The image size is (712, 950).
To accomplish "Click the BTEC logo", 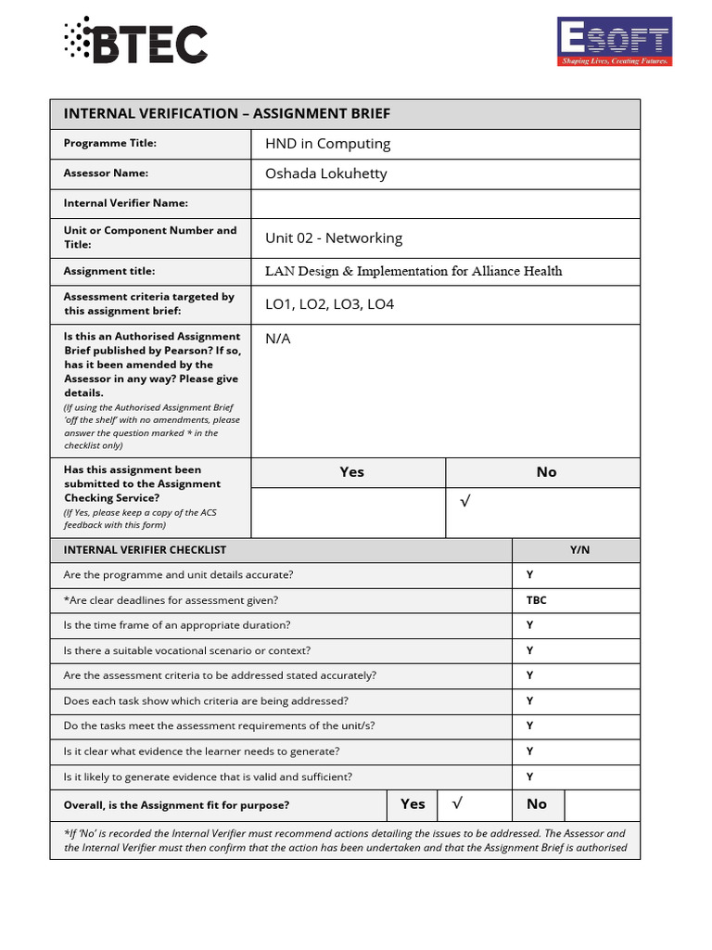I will click(135, 41).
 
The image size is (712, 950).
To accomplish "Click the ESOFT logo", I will click(613, 42).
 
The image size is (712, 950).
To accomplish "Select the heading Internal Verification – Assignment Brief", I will click(226, 114).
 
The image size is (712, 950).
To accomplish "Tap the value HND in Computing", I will click(327, 144).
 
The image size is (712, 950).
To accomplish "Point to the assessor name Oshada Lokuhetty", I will click(325, 173).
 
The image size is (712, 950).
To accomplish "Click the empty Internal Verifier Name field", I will click(445, 203).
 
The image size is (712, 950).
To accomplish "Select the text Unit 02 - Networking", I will click(333, 238).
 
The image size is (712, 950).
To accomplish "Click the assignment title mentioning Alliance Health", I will click(413, 271).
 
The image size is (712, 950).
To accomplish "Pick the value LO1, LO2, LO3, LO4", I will click(329, 304).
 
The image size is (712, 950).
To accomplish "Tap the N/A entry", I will click(278, 339).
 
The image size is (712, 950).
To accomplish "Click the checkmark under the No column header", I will click(465, 502).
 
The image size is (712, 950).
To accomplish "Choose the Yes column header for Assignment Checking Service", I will click(351, 472).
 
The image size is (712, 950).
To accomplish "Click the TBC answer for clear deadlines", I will click(536, 600).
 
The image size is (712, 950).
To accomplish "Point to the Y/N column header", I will click(579, 550).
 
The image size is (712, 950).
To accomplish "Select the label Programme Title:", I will click(109, 143).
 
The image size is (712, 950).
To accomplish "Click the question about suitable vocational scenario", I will click(186, 650).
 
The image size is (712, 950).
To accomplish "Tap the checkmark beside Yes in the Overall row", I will click(456, 804).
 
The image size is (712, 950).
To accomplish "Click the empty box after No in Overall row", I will click(601, 804).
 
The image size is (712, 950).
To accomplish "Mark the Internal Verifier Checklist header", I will click(144, 550).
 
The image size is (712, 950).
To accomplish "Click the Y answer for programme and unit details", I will click(529, 575).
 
